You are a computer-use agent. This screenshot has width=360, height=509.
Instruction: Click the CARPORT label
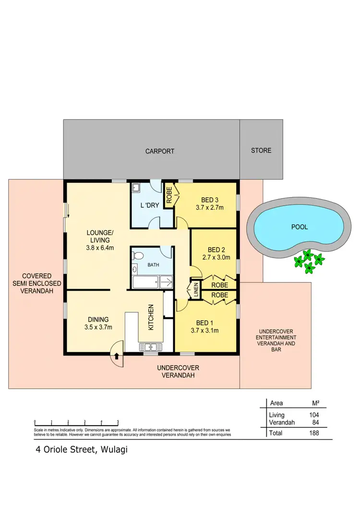click(x=160, y=151)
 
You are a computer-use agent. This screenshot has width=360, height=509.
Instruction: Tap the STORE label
click(x=261, y=151)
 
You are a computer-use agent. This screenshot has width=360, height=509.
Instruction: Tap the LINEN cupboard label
click(x=195, y=290)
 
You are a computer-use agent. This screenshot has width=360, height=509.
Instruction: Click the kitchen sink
click(x=151, y=346)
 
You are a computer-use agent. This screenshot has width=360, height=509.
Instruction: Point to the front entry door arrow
click(x=117, y=355)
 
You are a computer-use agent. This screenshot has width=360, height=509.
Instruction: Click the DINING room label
click(x=98, y=319)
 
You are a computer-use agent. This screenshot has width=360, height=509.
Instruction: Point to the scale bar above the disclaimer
click(x=76, y=422)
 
